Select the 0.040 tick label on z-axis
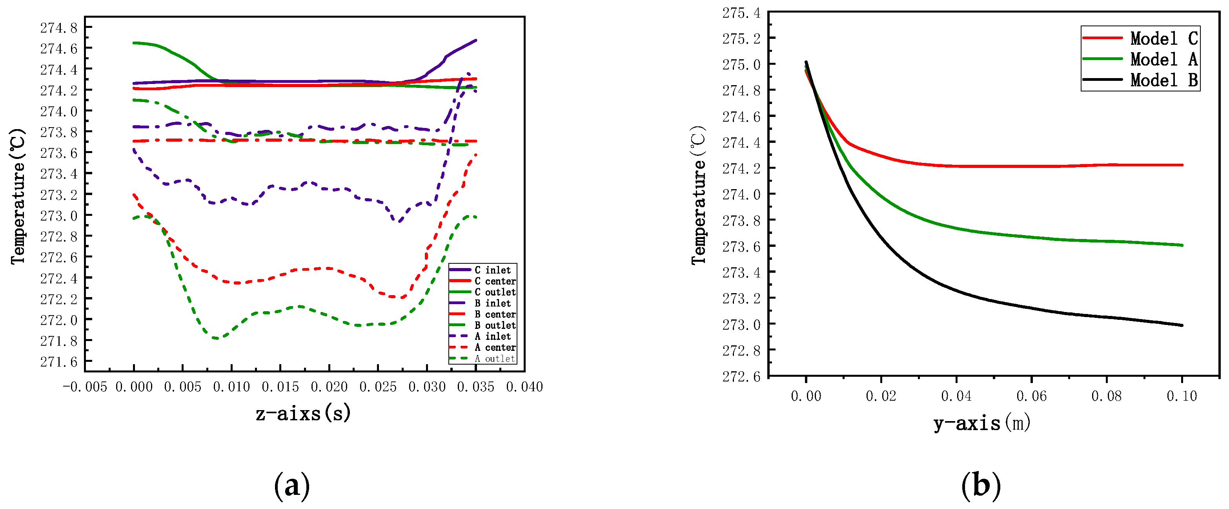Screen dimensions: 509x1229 [x=524, y=387]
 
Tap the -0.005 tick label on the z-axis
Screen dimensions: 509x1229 [x=85, y=387]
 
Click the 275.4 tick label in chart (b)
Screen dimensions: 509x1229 [x=741, y=13]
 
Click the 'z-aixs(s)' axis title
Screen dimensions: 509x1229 [x=304, y=413]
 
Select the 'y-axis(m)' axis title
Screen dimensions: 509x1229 [x=982, y=423]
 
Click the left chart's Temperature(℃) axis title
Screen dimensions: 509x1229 [x=18, y=196]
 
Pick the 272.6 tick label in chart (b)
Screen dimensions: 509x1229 [x=741, y=376]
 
